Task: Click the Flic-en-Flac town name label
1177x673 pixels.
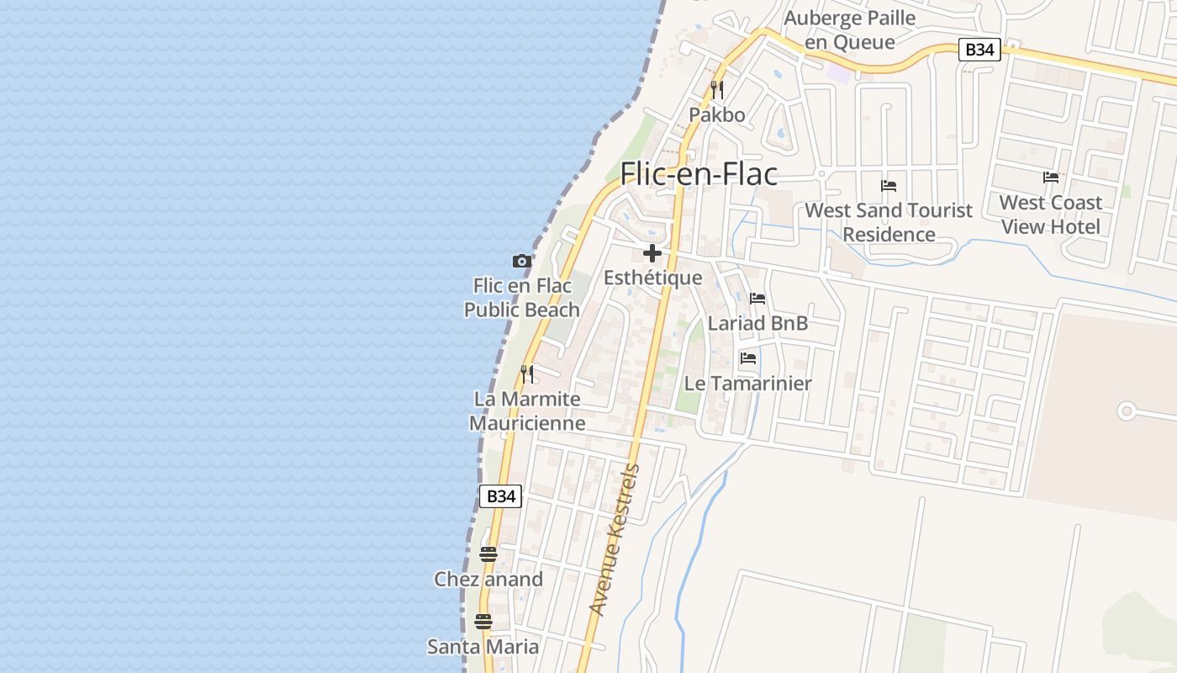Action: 699,174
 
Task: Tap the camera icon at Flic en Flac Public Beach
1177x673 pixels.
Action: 522,262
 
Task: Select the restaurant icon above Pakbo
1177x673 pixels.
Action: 717,88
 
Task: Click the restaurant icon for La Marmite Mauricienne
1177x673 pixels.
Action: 527,374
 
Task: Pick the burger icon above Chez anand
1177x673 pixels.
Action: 488,554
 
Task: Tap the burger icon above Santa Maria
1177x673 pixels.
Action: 483,622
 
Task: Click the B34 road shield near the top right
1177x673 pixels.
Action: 979,50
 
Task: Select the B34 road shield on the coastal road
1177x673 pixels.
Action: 500,496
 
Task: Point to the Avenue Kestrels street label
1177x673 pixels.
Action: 615,539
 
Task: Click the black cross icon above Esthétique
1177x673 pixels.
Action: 652,253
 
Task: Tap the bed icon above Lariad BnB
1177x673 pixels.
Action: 757,299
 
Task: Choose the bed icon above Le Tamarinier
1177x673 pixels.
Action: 748,358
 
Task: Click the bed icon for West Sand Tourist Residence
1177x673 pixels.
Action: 889,186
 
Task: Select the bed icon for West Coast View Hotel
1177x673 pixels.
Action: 1051,178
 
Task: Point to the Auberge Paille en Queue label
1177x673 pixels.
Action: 850,29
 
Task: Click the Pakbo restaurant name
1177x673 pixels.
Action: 717,114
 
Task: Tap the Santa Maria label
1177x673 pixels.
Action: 483,646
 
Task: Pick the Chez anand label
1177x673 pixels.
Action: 488,579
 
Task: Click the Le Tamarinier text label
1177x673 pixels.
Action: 748,384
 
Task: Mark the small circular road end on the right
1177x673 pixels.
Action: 1127,411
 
